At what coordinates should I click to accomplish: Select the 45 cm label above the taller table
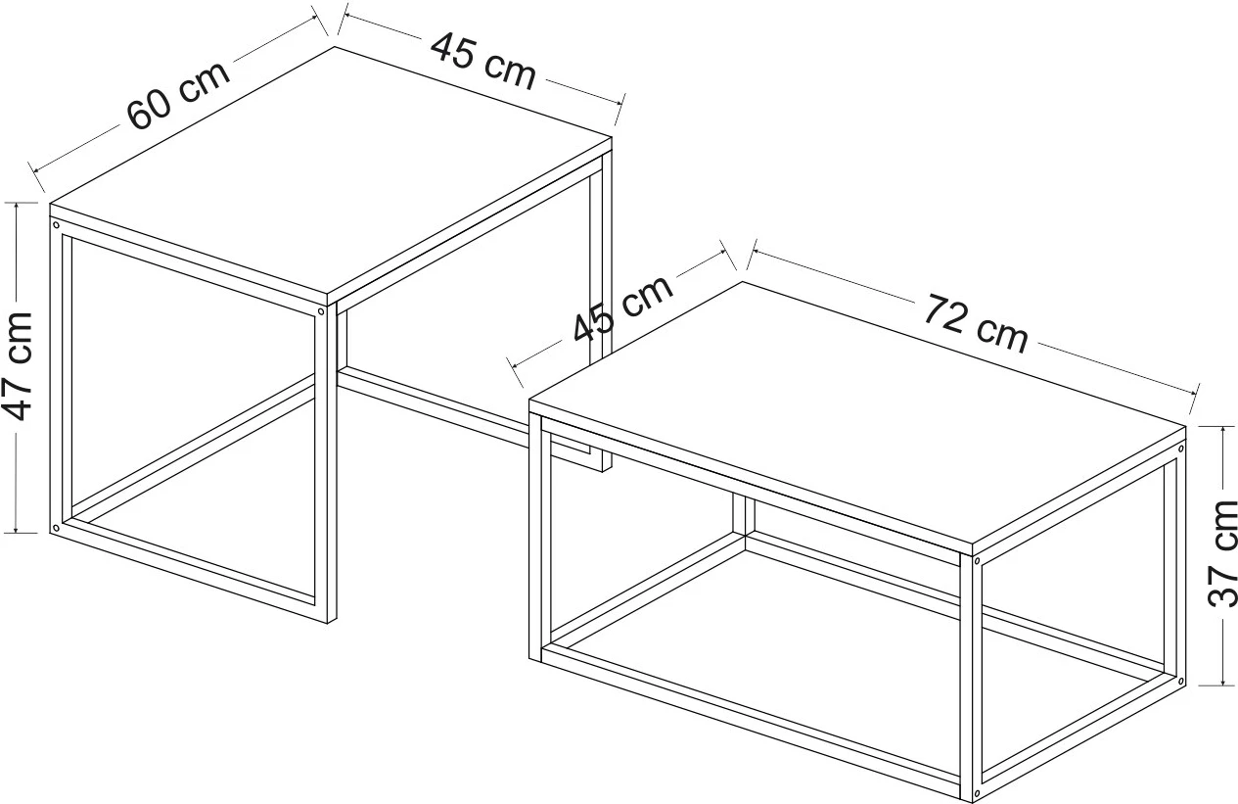click(483, 62)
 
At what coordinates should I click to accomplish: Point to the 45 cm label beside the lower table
click(622, 308)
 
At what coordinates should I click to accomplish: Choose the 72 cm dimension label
click(976, 323)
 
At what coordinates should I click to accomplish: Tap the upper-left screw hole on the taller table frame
click(56, 225)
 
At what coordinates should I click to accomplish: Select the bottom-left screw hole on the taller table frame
click(55, 528)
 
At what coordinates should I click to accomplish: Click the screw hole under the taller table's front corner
click(321, 312)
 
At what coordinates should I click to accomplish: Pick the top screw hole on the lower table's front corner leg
click(977, 562)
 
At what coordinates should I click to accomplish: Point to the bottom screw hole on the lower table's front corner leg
click(977, 796)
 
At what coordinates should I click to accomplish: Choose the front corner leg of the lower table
click(971, 678)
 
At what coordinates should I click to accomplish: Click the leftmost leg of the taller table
click(61, 376)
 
